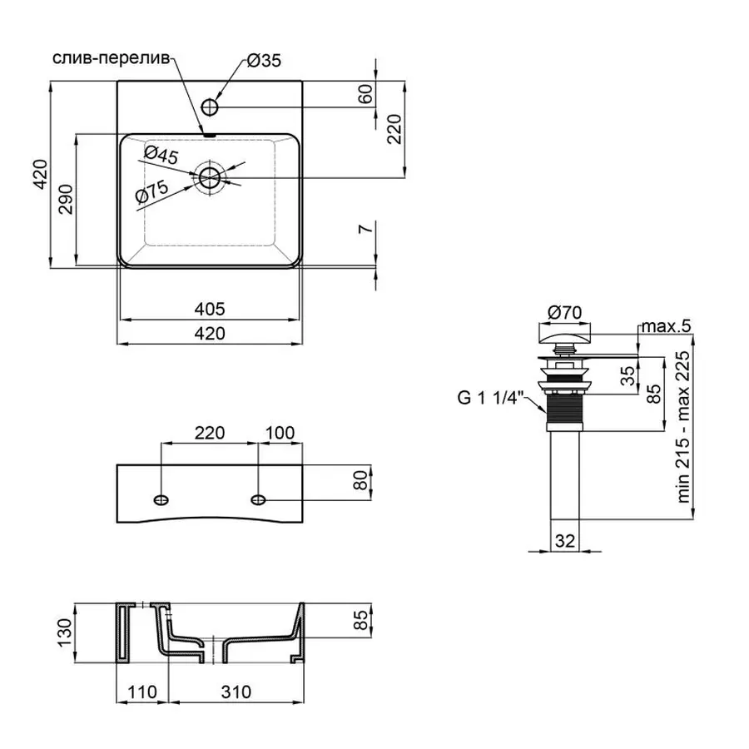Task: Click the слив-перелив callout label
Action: pos(111,58)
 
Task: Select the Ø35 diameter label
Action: pos(263,61)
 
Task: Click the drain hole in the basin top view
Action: pos(210,176)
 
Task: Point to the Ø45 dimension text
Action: pos(161,155)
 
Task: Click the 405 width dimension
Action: pos(209,310)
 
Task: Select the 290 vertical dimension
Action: pos(66,200)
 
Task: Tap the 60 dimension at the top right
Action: pos(365,94)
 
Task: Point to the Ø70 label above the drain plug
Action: pos(564,312)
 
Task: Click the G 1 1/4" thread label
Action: pos(489,398)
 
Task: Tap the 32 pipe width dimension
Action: pos(565,540)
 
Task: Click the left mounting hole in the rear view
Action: pos(161,499)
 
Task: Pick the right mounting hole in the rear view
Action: pos(259,499)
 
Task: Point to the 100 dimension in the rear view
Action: pos(280,433)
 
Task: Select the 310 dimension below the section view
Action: pos(236,692)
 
